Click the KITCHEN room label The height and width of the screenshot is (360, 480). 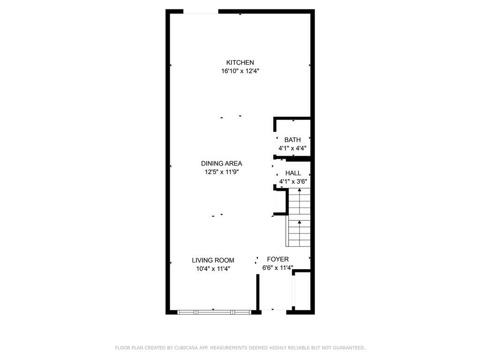tap(240, 62)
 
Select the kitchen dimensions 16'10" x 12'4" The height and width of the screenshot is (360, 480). tap(240, 71)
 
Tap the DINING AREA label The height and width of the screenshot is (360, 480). tap(221, 164)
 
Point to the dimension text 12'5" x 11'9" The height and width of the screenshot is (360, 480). tap(222, 172)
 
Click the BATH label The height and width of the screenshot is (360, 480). tap(292, 140)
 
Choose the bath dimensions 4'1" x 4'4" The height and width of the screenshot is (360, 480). tap(292, 149)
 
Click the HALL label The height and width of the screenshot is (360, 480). tap(293, 173)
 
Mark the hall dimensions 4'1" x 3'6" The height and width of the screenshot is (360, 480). tap(293, 181)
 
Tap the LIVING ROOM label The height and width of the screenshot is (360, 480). tap(213, 260)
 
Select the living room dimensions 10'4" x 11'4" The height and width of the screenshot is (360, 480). tap(213, 269)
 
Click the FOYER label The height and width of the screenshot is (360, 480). tap(277, 259)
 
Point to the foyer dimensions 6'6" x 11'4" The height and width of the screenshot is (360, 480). tap(277, 268)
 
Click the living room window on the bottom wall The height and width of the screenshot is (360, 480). tap(214, 312)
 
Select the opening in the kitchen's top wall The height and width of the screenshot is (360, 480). tap(201, 12)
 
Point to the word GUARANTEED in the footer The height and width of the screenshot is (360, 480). tap(349, 348)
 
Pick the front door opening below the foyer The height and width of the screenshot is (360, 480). tap(274, 312)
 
